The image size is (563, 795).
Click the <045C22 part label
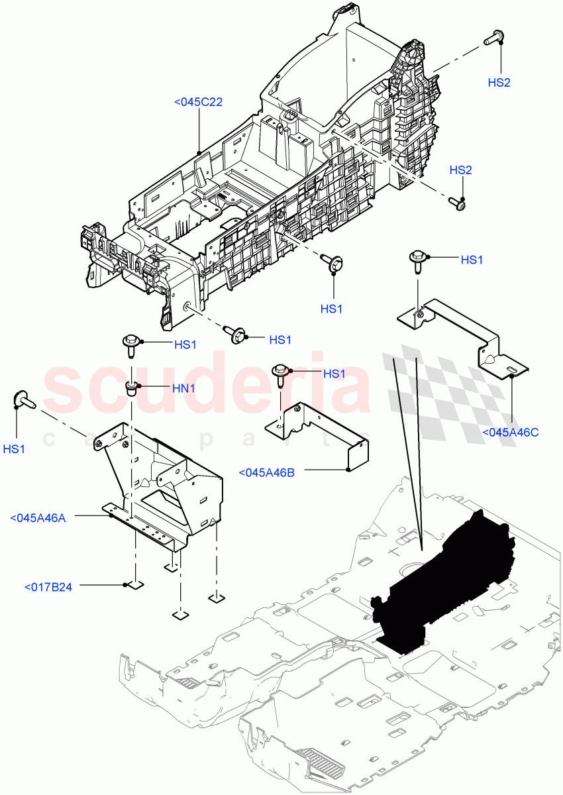[x=198, y=102]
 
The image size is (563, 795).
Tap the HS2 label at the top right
[x=499, y=83]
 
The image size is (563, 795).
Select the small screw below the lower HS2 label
[x=456, y=204]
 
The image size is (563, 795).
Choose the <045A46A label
[x=38, y=517]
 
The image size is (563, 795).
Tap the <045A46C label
[x=510, y=432]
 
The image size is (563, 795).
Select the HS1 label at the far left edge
[x=15, y=449]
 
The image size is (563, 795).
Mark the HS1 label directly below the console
[x=332, y=308]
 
